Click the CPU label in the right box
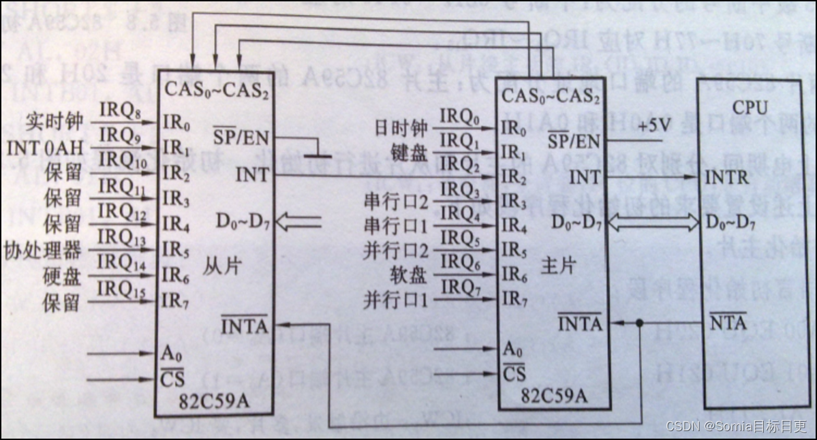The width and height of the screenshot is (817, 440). pyautogui.click(x=750, y=108)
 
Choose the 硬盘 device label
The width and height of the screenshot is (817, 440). pyautogui.click(x=63, y=276)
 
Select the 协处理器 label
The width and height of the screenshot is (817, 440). pyautogui.click(x=42, y=250)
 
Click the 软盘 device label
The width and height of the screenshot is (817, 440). pyautogui.click(x=410, y=275)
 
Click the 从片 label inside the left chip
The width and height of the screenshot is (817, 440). pyautogui.click(x=218, y=268)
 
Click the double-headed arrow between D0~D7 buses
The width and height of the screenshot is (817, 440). pyautogui.click(x=655, y=221)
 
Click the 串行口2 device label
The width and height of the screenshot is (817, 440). pyautogui.click(x=397, y=202)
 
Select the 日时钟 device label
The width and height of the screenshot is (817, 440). pyautogui.click(x=401, y=127)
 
